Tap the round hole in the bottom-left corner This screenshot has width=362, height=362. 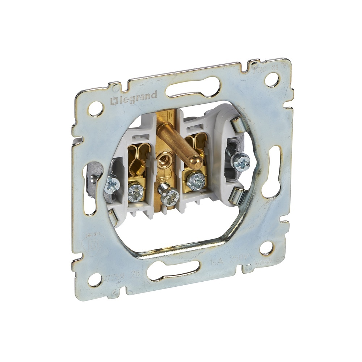pos(95,279)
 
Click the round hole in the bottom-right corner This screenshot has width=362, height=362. pos(266,247)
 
